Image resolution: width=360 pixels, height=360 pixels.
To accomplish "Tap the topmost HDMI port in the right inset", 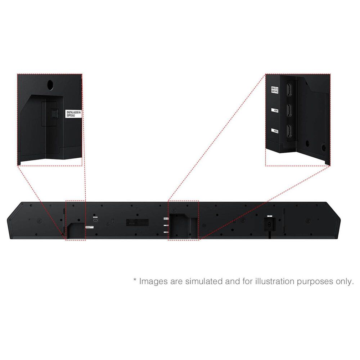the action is pyautogui.click(x=288, y=90).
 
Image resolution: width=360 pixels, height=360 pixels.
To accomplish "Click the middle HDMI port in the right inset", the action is pyautogui.click(x=288, y=111).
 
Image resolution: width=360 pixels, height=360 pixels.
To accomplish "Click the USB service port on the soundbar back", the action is pyautogui.click(x=95, y=221).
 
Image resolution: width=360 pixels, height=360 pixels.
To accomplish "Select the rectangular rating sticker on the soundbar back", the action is pyautogui.click(x=138, y=222).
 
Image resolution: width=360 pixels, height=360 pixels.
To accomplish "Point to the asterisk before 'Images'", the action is pyautogui.click(x=135, y=280).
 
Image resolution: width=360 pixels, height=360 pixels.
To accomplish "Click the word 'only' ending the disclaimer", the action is pyautogui.click(x=345, y=281).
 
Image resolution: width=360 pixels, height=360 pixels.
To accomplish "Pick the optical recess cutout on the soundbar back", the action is pyautogui.click(x=76, y=230).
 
